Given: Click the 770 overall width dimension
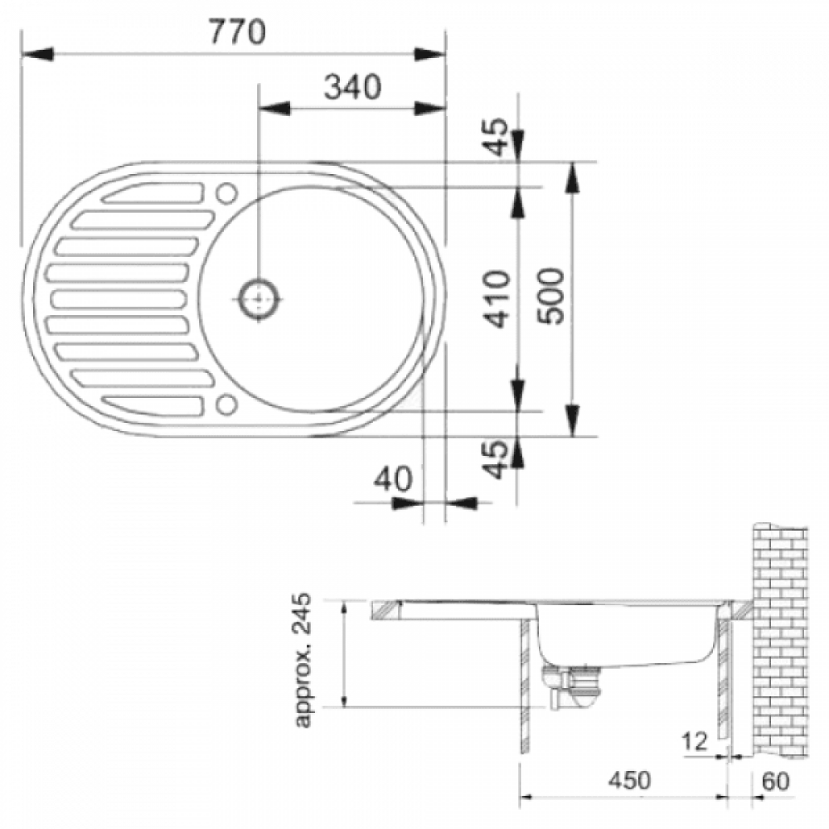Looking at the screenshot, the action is pyautogui.click(x=237, y=32).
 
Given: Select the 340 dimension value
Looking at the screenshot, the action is pyautogui.click(x=352, y=87).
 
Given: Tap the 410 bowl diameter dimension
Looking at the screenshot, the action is pyautogui.click(x=497, y=298).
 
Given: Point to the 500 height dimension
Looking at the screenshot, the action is pyautogui.click(x=550, y=296).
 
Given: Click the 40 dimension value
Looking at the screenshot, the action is pyautogui.click(x=392, y=479).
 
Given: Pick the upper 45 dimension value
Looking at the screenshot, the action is pyautogui.click(x=497, y=137).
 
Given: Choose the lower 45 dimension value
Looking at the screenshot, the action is pyautogui.click(x=497, y=459).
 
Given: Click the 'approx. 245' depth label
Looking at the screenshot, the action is pyautogui.click(x=303, y=661).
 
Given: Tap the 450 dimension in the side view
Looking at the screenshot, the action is pyautogui.click(x=629, y=780).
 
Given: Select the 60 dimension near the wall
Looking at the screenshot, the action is pyautogui.click(x=776, y=782).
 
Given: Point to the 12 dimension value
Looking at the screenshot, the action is pyautogui.click(x=695, y=742).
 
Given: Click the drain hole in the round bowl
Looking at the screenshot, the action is pyautogui.click(x=259, y=299).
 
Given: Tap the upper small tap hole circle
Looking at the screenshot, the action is pyautogui.click(x=227, y=193).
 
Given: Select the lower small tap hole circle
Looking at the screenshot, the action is pyautogui.click(x=226, y=405).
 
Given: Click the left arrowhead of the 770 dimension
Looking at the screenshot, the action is pyautogui.click(x=37, y=54).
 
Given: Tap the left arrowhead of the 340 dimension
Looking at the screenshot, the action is pyautogui.click(x=274, y=109).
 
